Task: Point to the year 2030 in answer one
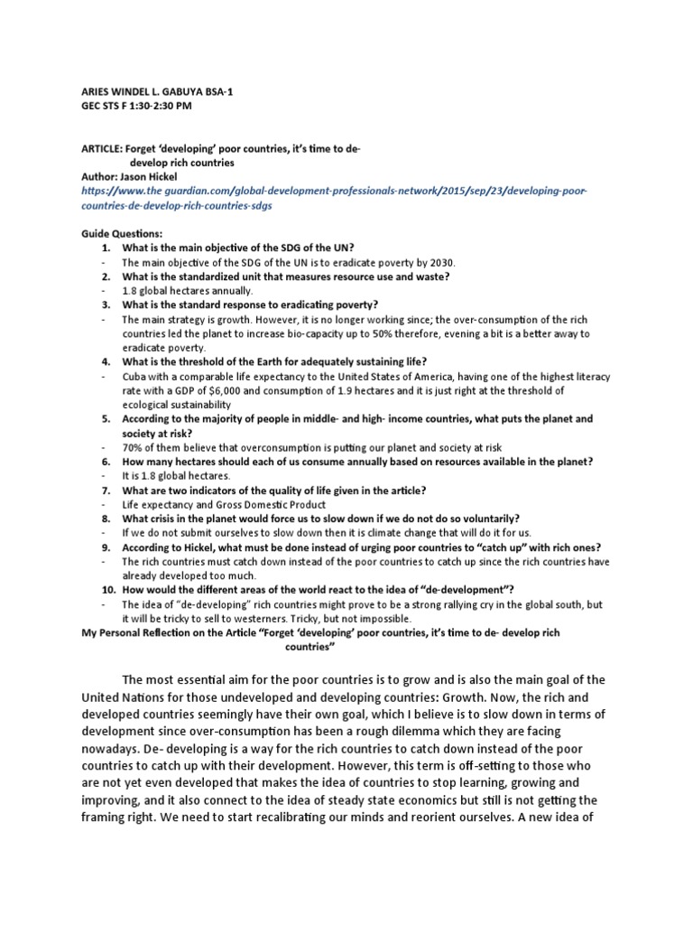pos(440,263)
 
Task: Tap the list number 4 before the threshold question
pos(105,362)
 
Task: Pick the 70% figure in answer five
pos(134,448)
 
